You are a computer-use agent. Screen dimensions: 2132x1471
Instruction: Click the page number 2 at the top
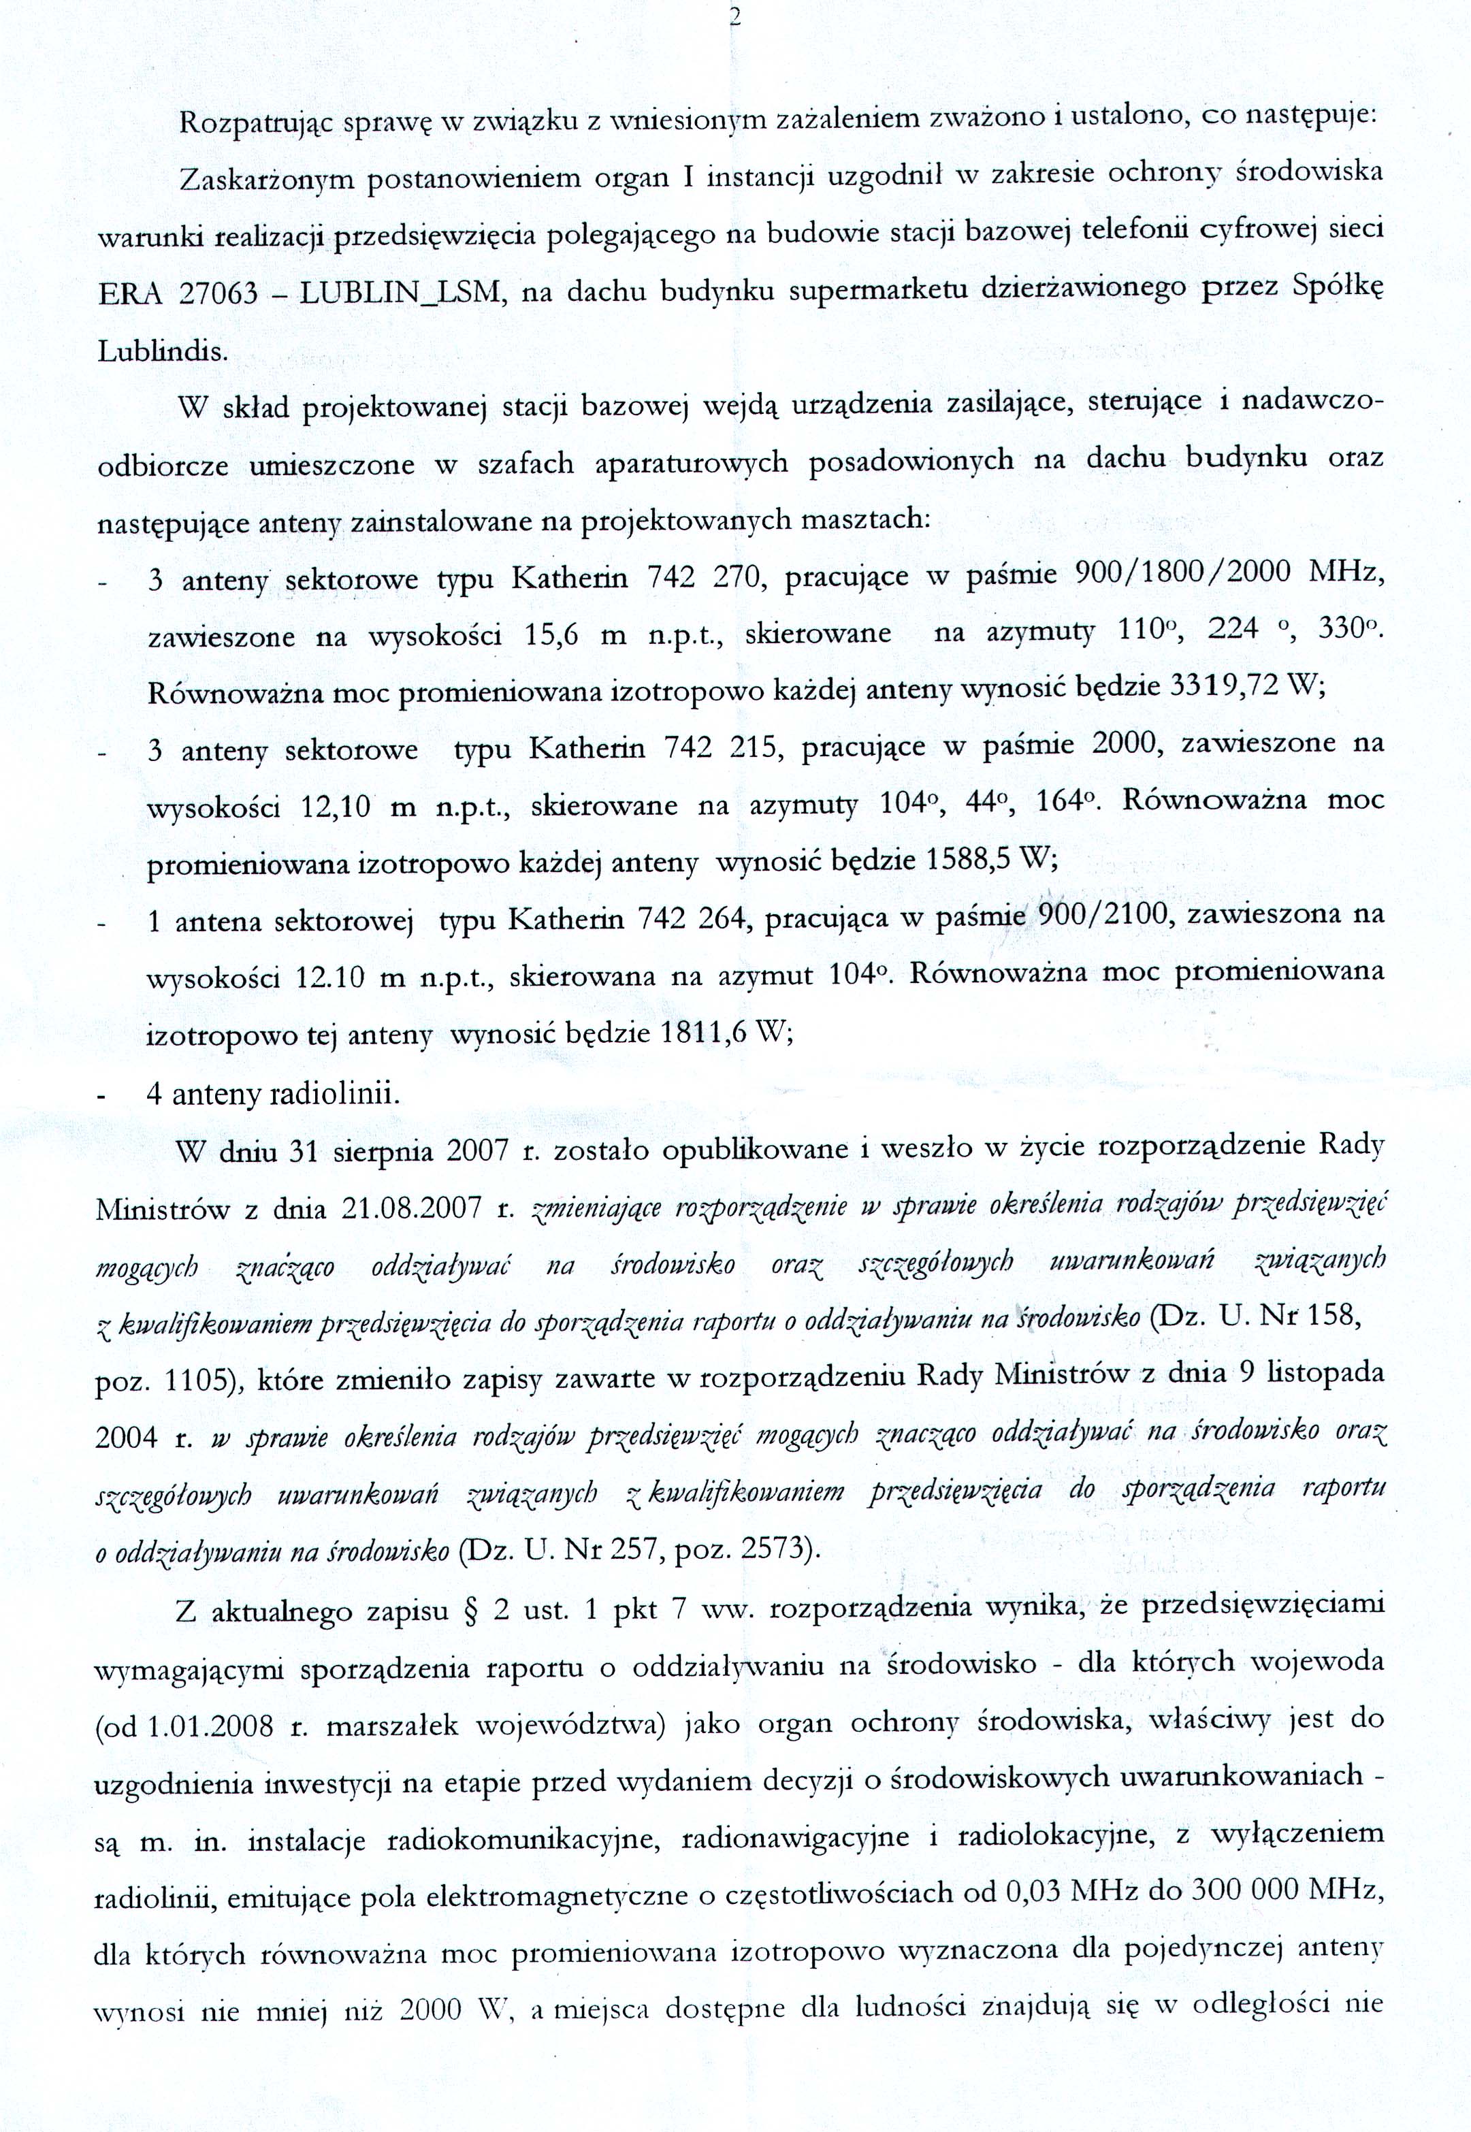735,18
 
